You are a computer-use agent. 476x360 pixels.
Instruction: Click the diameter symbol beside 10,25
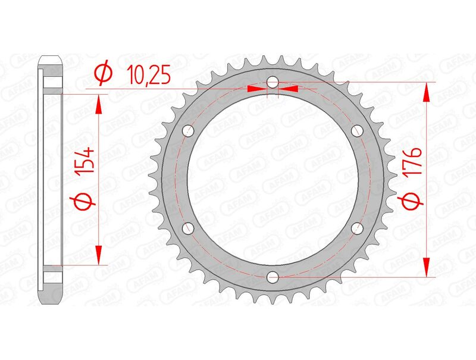[103, 73]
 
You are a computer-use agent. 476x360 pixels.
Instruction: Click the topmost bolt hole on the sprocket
[273, 82]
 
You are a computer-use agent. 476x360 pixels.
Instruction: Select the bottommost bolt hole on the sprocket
[273, 276]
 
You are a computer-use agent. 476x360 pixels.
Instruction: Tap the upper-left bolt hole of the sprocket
[189, 130]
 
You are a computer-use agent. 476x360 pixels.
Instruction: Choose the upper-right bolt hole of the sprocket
[357, 130]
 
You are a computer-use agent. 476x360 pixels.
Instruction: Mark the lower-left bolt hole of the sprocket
[189, 227]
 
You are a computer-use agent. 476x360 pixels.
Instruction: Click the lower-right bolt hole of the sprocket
[357, 227]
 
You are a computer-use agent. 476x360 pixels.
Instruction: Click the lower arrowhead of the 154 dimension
[99, 255]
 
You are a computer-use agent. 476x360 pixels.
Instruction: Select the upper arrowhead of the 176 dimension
[426, 92]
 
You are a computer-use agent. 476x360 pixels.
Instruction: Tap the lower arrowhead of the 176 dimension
[426, 267]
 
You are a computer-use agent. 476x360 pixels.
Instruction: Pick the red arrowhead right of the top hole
[289, 89]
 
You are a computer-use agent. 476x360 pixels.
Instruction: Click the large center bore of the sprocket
[273, 179]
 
